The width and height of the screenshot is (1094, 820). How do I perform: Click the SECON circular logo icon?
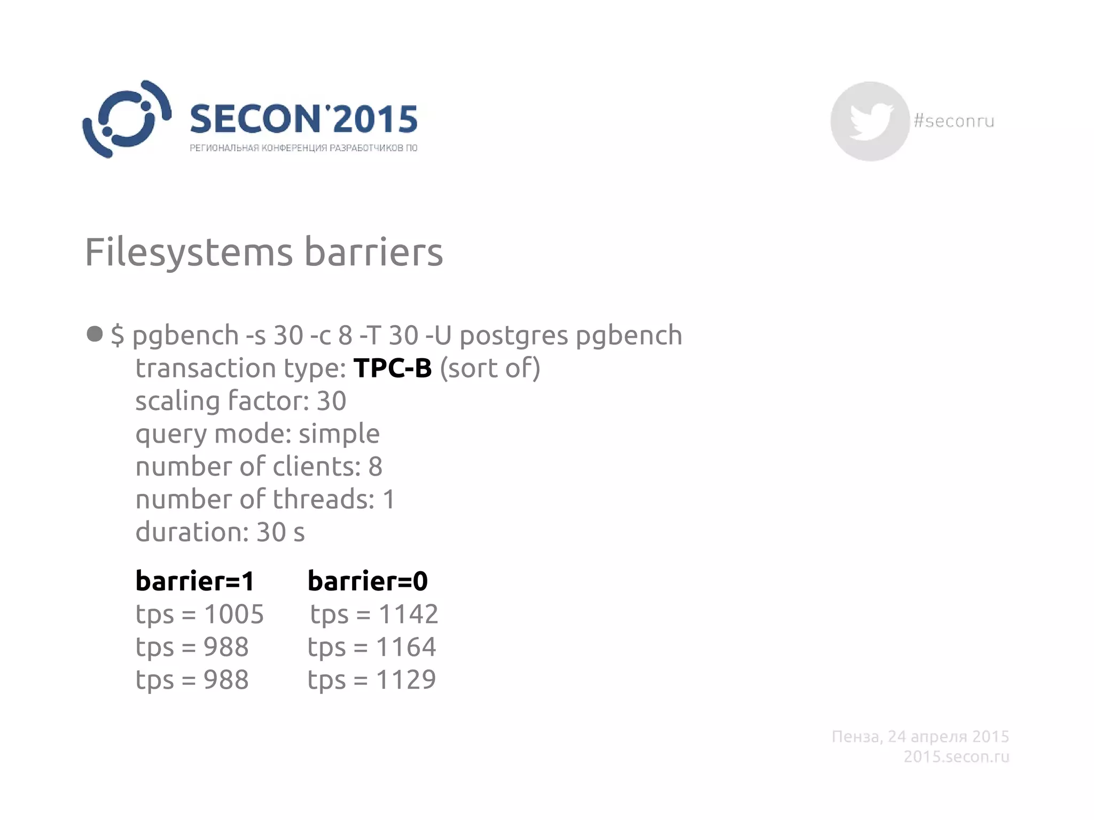pyautogui.click(x=127, y=119)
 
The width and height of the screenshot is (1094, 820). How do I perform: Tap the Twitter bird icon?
pyautogui.click(x=870, y=121)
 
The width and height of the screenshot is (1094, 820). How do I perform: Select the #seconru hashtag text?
pyautogui.click(x=954, y=121)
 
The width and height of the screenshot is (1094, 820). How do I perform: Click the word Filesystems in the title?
pyautogui.click(x=189, y=252)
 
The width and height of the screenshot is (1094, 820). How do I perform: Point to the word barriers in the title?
pyautogui.click(x=373, y=252)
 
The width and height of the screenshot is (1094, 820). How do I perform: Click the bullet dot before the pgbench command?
pyautogui.click(x=95, y=334)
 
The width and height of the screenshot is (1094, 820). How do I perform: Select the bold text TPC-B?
pyautogui.click(x=393, y=368)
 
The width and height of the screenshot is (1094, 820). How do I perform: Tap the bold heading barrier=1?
pyautogui.click(x=195, y=581)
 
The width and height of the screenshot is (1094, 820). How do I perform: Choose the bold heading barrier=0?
pyautogui.click(x=368, y=581)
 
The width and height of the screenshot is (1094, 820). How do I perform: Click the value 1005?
pyautogui.click(x=234, y=614)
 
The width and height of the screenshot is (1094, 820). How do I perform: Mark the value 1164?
pyautogui.click(x=406, y=647)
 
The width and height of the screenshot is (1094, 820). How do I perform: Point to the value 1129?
pyautogui.click(x=406, y=680)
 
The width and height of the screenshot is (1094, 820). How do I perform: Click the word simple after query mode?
pyautogui.click(x=339, y=433)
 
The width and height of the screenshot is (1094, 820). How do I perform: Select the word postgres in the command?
pyautogui.click(x=513, y=336)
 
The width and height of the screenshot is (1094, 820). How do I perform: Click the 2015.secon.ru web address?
pyautogui.click(x=956, y=756)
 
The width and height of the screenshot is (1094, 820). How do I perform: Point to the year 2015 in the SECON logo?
pyautogui.click(x=375, y=119)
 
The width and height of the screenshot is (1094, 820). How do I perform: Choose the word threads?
pyautogui.click(x=324, y=499)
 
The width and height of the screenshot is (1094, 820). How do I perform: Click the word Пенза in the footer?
pyautogui.click(x=856, y=737)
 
